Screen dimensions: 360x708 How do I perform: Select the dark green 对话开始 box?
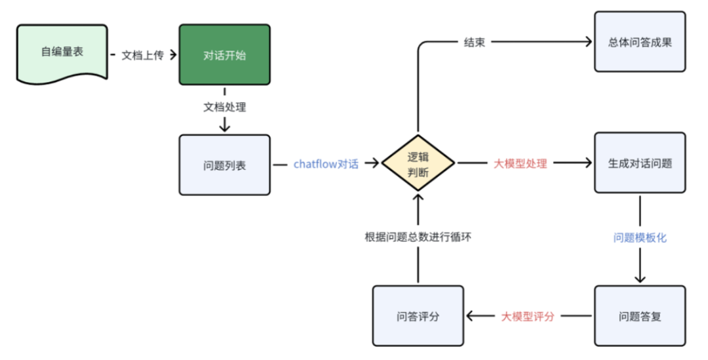pyautogui.click(x=224, y=54)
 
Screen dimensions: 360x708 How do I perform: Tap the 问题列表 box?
pyautogui.click(x=224, y=165)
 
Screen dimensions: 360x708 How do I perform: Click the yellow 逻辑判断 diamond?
pyautogui.click(x=418, y=163)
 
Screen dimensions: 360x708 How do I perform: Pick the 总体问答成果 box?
pyautogui.click(x=640, y=41)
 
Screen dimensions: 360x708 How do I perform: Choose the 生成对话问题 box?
pyautogui.click(x=640, y=163)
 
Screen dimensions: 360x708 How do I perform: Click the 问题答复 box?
pyautogui.click(x=640, y=316)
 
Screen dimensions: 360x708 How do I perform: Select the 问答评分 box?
pyautogui.click(x=418, y=316)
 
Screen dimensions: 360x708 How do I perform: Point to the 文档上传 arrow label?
pyautogui.click(x=142, y=54)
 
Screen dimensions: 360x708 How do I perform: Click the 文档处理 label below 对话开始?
pyautogui.click(x=224, y=106)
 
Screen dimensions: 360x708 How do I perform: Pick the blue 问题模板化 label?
pyautogui.click(x=640, y=237)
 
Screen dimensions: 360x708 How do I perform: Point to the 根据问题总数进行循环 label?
pyautogui.click(x=418, y=237)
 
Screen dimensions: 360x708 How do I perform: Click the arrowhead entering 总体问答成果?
pyautogui.click(x=589, y=42)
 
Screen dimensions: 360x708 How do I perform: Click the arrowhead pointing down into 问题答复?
pyautogui.click(x=640, y=279)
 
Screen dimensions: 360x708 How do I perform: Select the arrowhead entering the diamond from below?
pyautogui.click(x=418, y=197)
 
